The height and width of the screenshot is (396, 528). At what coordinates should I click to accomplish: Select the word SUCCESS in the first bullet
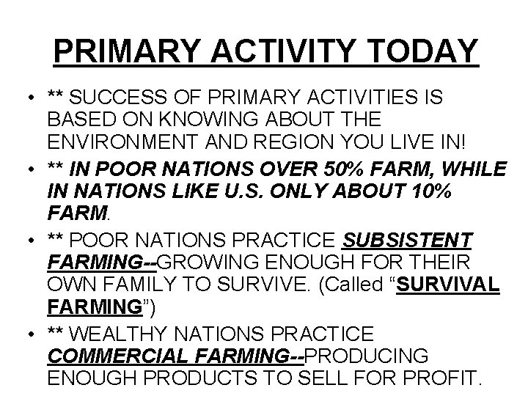pyautogui.click(x=117, y=97)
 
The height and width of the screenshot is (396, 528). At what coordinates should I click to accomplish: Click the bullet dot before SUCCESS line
pyautogui.click(x=26, y=98)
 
